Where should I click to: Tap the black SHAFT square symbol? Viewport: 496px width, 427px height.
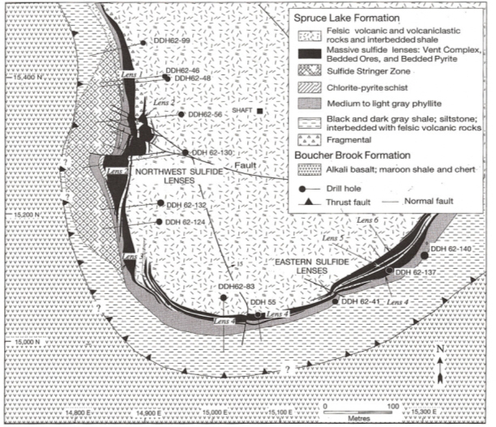tap(260, 110)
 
